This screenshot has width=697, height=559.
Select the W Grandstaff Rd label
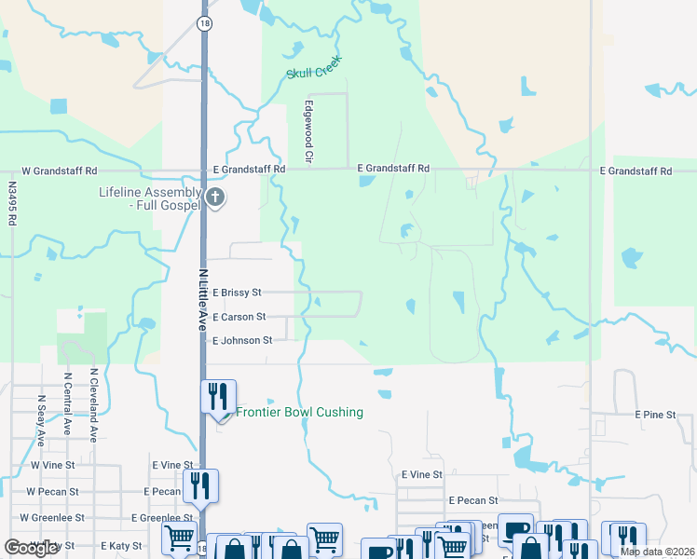point(60,171)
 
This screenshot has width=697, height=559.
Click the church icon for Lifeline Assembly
point(215,198)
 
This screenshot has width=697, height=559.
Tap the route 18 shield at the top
point(202,21)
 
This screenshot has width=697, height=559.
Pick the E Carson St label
point(239,317)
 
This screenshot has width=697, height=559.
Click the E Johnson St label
point(242,341)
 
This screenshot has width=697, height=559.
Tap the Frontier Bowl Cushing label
point(299,413)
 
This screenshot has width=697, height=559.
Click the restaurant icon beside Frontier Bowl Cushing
point(219,397)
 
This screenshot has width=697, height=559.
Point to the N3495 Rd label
point(12,204)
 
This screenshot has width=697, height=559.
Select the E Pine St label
point(654,414)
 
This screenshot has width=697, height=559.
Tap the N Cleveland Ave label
point(93,404)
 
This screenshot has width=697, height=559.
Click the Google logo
point(31,548)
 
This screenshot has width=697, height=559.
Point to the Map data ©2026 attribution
point(656,552)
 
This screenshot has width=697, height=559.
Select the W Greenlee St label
point(55,518)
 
